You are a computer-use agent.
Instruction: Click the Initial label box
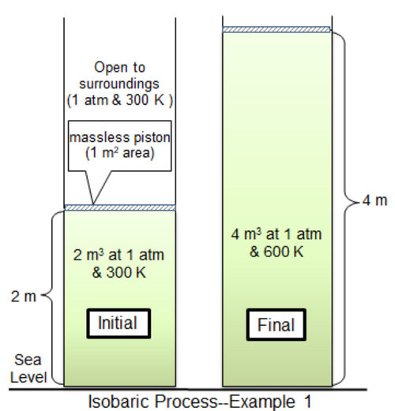(118, 323)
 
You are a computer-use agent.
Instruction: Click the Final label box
(276, 325)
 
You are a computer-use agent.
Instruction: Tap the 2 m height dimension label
(24, 297)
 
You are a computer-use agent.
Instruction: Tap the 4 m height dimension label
(375, 200)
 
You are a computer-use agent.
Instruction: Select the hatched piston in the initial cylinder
(120, 207)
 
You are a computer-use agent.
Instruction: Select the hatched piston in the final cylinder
(276, 29)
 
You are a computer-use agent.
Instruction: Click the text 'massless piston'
(120, 137)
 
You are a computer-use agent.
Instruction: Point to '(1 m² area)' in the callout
(120, 153)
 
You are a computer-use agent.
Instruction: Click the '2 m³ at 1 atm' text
(118, 255)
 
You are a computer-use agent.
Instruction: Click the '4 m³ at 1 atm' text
(276, 234)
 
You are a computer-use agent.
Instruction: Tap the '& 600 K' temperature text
(276, 252)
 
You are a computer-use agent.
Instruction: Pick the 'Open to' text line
(120, 67)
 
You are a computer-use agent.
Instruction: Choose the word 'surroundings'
(119, 84)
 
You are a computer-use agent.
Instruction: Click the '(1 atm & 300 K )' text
(120, 100)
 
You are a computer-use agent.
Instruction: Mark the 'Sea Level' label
(28, 368)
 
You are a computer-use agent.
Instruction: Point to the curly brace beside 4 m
(345, 203)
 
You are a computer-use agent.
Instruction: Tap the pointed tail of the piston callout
(93, 204)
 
